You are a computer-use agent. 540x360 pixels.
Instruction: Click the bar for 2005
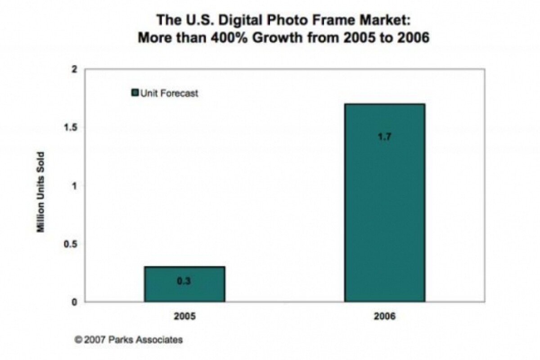click(184, 284)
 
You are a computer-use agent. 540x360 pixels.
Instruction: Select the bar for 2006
click(385, 202)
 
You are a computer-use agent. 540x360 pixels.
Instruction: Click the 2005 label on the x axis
click(184, 317)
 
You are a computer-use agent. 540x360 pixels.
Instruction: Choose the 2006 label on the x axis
click(385, 317)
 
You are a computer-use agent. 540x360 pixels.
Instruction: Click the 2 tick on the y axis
click(75, 69)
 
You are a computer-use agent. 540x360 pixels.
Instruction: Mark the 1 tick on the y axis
click(75, 185)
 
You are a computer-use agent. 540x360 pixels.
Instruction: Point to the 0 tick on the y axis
click(75, 301)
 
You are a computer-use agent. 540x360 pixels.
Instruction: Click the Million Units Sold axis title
click(40, 192)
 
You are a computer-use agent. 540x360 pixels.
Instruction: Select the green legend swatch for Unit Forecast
click(135, 93)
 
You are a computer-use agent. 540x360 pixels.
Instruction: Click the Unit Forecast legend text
click(170, 94)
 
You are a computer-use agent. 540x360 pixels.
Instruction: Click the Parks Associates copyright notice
click(129, 340)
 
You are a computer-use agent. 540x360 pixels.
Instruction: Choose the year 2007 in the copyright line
click(94, 340)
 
